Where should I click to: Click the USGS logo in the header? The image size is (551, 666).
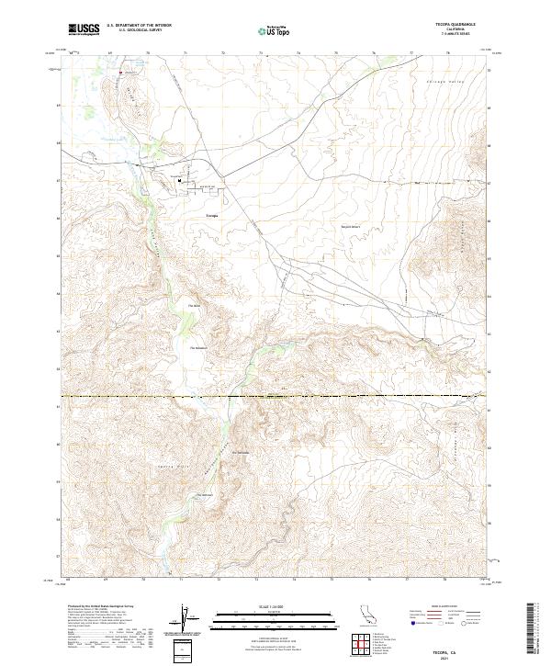coord(84,29)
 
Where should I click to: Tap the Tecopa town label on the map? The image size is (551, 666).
coord(211,215)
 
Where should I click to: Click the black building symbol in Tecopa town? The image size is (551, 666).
coord(180,180)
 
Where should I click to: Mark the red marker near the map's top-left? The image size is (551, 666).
coord(119,71)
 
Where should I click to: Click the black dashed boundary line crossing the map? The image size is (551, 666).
coord(275,396)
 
